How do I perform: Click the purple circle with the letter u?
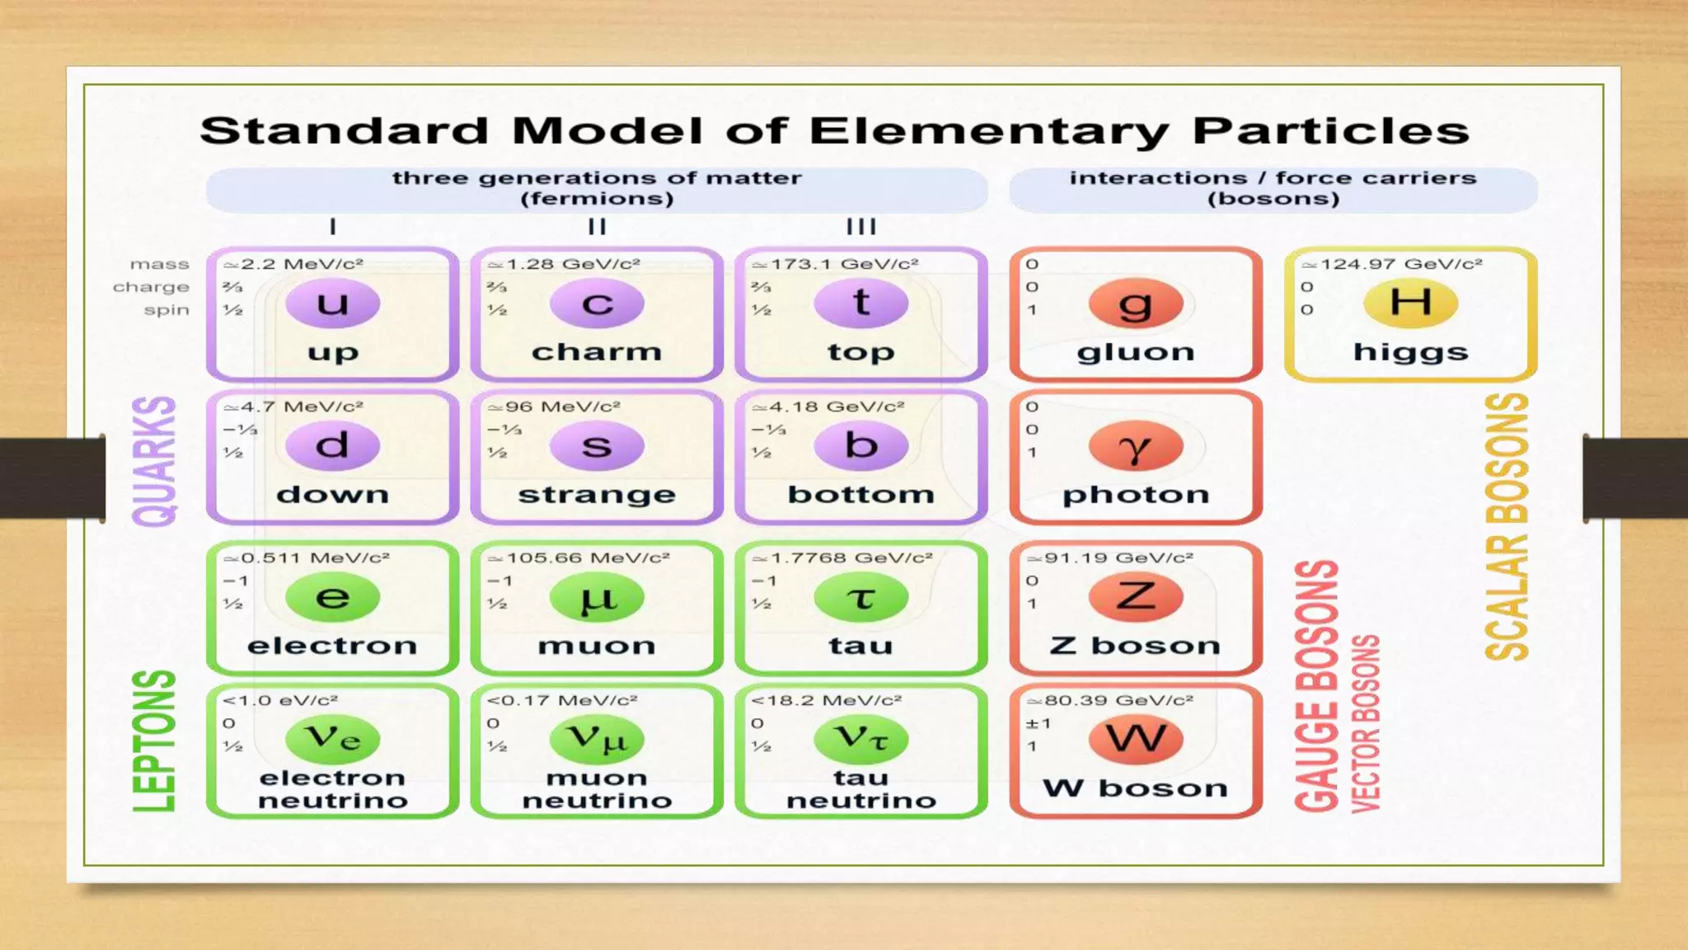click(333, 303)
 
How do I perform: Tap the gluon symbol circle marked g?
click(1136, 303)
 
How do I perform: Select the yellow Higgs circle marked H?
click(1410, 303)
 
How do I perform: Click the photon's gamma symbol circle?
click(1136, 446)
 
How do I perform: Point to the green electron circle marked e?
click(333, 597)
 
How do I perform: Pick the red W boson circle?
click(1136, 740)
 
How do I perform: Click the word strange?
click(597, 495)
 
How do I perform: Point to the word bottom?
click(861, 495)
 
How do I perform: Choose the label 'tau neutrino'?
click(861, 789)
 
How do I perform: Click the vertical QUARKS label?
click(155, 461)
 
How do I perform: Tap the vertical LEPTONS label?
click(155, 741)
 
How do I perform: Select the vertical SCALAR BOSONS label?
click(1507, 527)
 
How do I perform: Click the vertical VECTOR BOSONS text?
click(1365, 723)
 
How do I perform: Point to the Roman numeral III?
click(861, 227)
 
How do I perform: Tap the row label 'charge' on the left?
click(151, 287)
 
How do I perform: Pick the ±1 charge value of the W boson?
click(1039, 724)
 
